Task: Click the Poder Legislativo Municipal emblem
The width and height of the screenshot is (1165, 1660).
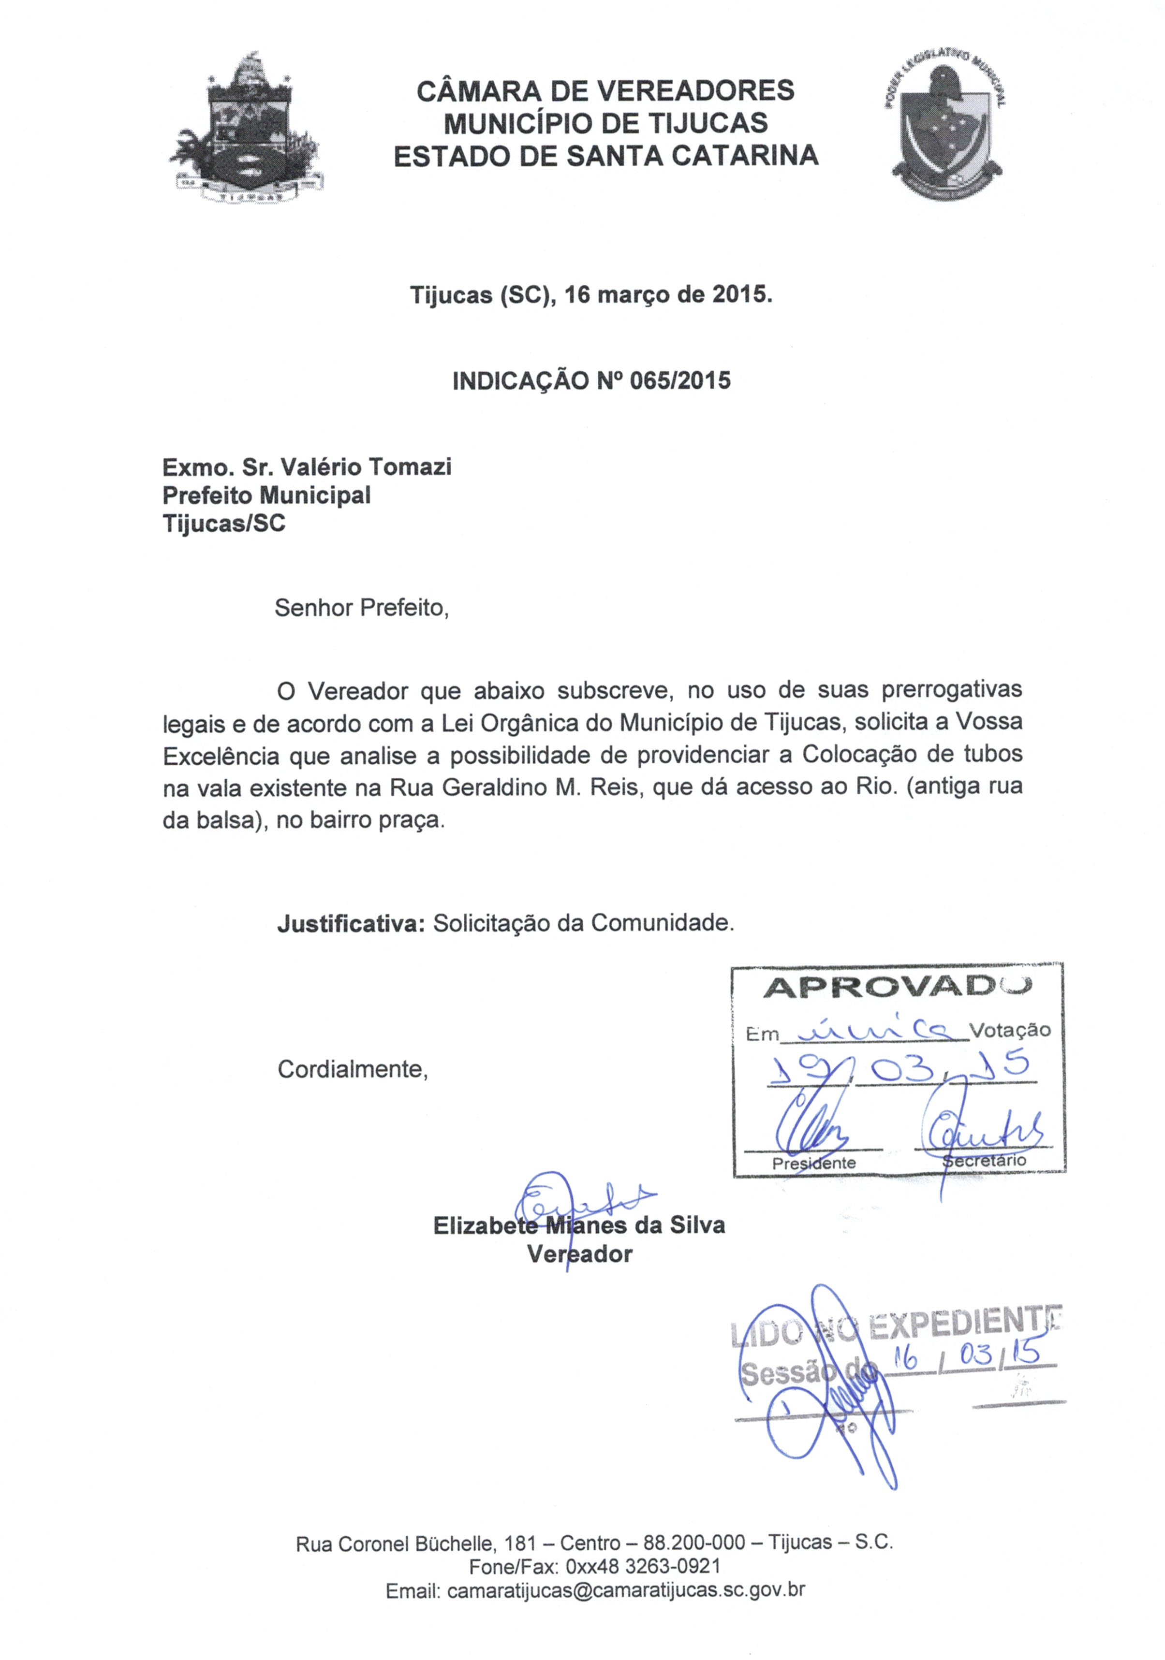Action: tap(944, 128)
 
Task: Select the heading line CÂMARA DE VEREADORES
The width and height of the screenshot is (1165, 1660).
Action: tap(605, 91)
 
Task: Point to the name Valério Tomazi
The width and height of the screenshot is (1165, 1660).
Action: tap(366, 467)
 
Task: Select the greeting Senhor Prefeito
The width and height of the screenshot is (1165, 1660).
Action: tap(362, 608)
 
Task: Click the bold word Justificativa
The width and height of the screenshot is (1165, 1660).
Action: tap(351, 924)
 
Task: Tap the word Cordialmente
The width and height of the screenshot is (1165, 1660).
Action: tap(352, 1069)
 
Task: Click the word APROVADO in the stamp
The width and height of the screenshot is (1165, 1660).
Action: tap(897, 988)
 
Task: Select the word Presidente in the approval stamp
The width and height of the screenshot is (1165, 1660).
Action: tap(813, 1163)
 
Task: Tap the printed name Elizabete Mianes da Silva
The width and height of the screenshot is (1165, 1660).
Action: tap(578, 1225)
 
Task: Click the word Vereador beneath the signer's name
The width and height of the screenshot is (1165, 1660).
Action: tap(579, 1254)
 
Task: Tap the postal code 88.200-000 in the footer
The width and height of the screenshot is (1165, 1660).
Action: tap(694, 1543)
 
